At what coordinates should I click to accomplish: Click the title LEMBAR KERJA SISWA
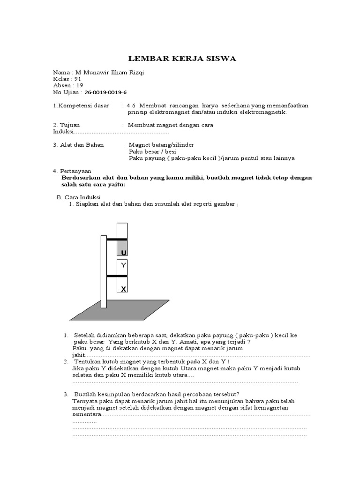pyautogui.click(x=183, y=59)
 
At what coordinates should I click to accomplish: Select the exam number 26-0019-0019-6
pyautogui.click(x=105, y=92)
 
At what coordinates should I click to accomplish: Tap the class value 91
pyautogui.click(x=78, y=79)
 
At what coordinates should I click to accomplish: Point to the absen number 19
pyautogui.click(x=80, y=85)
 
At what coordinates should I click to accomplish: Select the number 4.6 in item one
pyautogui.click(x=131, y=105)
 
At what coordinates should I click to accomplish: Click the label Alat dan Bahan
pyautogui.click(x=82, y=145)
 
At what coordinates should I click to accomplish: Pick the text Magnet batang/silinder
pyautogui.click(x=161, y=145)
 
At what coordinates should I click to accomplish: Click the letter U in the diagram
pyautogui.click(x=123, y=253)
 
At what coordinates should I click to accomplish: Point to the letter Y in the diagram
pyautogui.click(x=123, y=265)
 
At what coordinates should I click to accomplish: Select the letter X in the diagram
pyautogui.click(x=123, y=289)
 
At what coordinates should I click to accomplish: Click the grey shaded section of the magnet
pyautogui.click(x=122, y=247)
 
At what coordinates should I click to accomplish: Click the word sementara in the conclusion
pyautogui.click(x=87, y=414)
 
